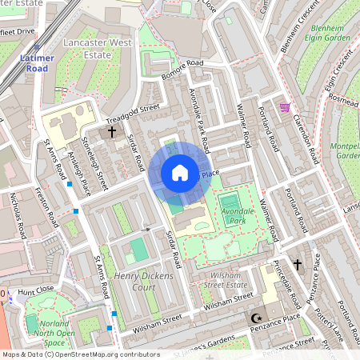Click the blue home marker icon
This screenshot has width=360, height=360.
(x=180, y=172)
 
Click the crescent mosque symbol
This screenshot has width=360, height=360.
(x=257, y=318)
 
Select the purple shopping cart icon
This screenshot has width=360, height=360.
(x=285, y=107)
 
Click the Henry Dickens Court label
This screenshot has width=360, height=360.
(x=145, y=282)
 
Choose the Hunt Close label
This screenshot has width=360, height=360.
(x=30, y=294)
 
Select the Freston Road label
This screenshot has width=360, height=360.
(x=47, y=206)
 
